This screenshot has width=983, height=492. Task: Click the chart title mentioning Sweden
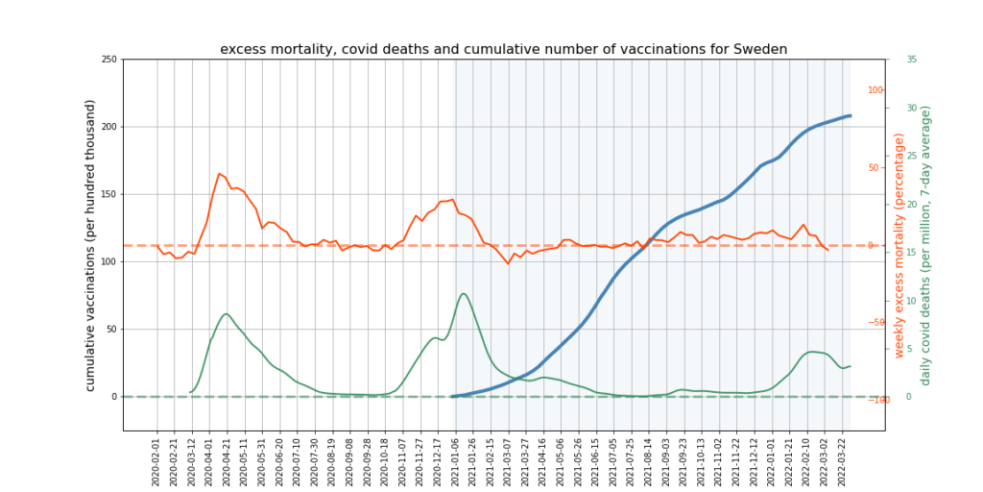click(x=504, y=49)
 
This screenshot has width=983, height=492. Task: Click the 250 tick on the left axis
click(x=108, y=60)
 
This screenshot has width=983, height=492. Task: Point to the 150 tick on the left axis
click(x=108, y=194)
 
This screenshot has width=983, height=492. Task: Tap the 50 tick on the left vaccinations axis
click(x=110, y=329)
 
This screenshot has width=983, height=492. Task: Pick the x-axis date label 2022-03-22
click(x=842, y=459)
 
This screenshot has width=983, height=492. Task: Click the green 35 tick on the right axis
click(x=911, y=60)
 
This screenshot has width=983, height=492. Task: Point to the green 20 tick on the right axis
click(x=911, y=204)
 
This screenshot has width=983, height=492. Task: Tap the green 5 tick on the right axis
click(x=909, y=348)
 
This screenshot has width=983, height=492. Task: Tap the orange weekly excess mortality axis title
click(x=899, y=245)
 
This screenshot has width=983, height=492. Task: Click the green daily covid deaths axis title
click(x=926, y=245)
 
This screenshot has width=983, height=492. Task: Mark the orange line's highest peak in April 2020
click(x=220, y=174)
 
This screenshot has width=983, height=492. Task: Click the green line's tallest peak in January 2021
click(x=464, y=294)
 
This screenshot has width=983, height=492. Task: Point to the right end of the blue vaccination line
click(x=850, y=115)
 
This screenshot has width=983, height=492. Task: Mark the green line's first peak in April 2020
click(x=226, y=314)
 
